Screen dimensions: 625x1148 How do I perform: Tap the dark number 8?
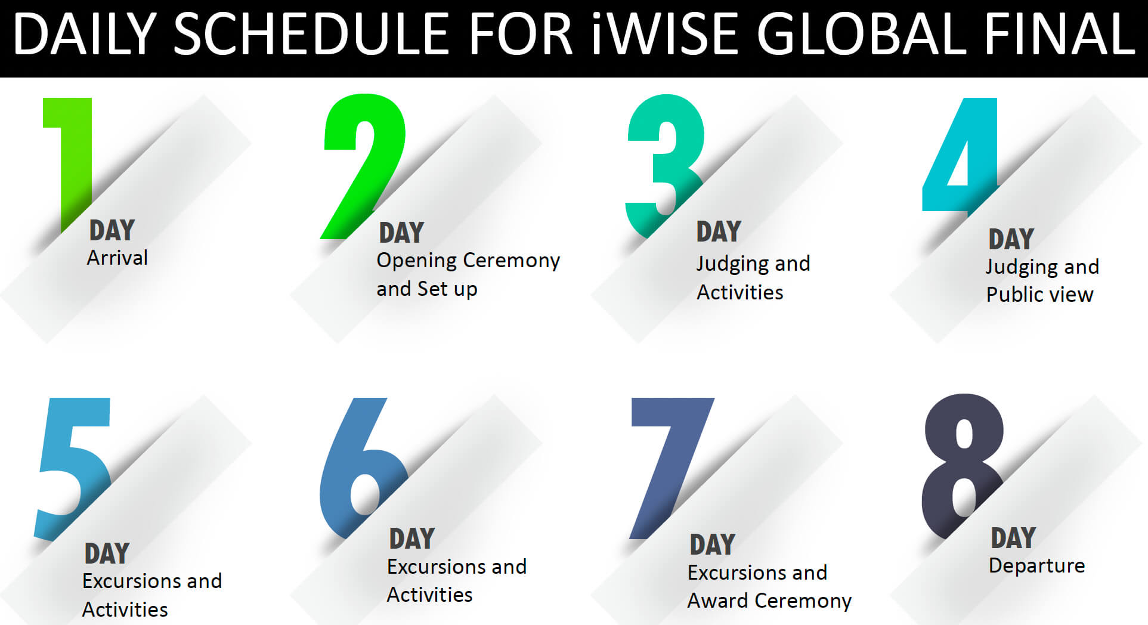(x=963, y=465)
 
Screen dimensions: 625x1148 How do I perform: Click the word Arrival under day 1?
(x=117, y=258)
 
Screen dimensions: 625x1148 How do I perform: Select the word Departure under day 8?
(x=1036, y=565)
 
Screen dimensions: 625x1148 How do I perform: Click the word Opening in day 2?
(x=416, y=261)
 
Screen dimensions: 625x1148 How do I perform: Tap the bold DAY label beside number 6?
(x=412, y=539)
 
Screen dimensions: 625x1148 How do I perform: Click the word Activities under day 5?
(x=125, y=609)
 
